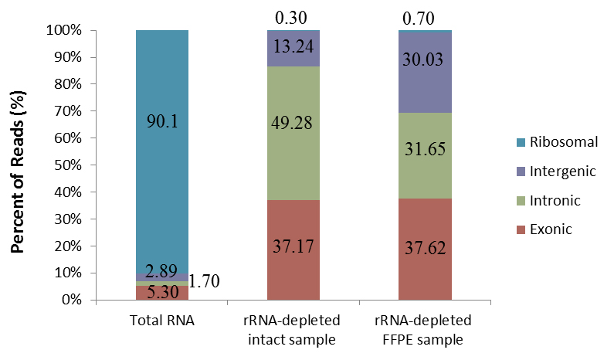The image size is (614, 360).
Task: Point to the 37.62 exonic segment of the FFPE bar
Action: click(425, 249)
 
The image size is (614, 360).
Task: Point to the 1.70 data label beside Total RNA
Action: click(205, 281)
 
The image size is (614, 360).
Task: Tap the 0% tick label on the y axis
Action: click(74, 300)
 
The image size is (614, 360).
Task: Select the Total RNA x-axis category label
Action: click(162, 322)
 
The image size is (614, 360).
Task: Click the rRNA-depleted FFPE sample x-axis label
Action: click(425, 331)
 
